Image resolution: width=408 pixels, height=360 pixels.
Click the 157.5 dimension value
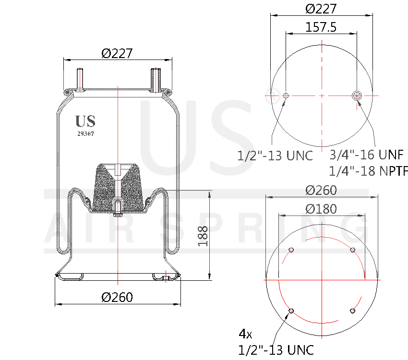point(321,27)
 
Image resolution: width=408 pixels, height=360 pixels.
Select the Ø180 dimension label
point(321,209)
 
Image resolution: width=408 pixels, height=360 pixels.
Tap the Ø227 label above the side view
point(117,53)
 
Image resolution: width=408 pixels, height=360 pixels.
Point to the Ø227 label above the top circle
point(321,9)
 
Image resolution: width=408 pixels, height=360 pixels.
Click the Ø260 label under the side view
point(118,297)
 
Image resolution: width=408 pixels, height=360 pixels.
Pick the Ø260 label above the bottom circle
point(321,190)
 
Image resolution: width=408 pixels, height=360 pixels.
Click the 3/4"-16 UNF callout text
point(366,155)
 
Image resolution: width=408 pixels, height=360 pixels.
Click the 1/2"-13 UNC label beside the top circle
point(275,156)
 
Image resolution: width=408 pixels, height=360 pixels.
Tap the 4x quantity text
point(245,333)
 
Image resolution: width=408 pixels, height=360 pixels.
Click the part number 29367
point(85,134)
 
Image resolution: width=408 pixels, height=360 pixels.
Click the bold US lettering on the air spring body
point(85,121)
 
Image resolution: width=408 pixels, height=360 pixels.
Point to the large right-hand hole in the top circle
point(357,96)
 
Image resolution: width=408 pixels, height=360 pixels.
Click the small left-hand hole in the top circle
point(286,96)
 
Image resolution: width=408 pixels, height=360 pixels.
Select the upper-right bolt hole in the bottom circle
point(352,250)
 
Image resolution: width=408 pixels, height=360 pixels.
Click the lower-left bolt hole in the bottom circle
point(291,311)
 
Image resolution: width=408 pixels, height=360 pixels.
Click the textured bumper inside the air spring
point(118,187)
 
